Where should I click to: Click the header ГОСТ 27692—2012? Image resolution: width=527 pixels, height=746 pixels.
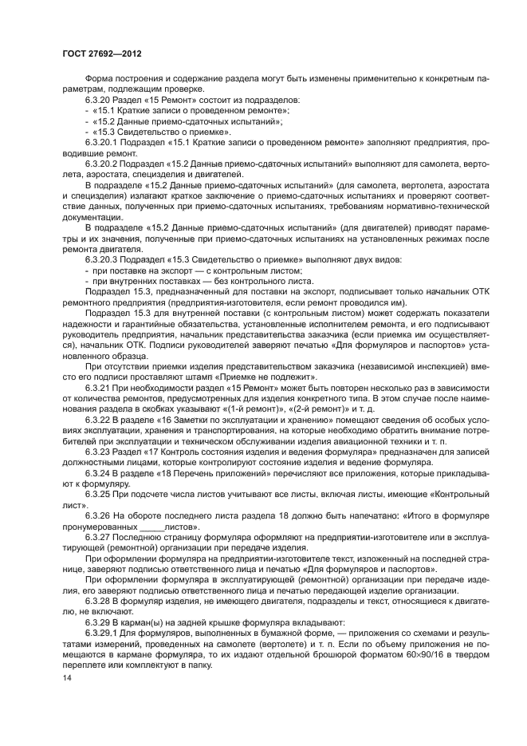pyautogui.click(x=101, y=53)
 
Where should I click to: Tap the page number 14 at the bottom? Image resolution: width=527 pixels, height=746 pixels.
pyautogui.click(x=67, y=677)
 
